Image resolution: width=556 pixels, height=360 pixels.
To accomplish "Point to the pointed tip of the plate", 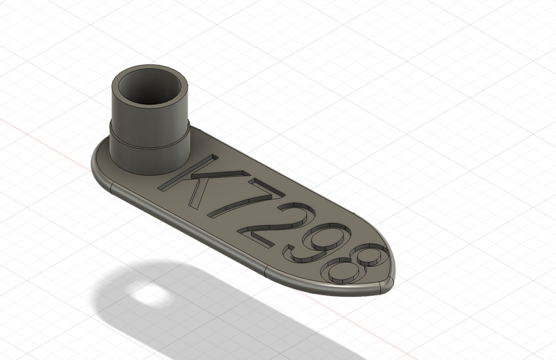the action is [x=392, y=281].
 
